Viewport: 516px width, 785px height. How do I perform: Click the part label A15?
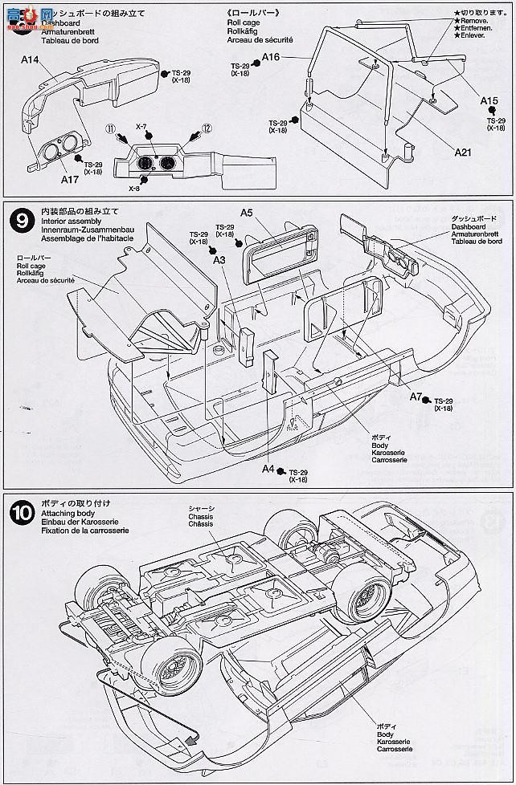(x=489, y=100)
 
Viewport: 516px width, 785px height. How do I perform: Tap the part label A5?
(x=247, y=212)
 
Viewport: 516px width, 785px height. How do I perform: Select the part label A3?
(x=219, y=259)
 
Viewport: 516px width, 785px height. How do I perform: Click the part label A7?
(x=416, y=397)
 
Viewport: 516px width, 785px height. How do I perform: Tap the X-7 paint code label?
(x=141, y=128)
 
